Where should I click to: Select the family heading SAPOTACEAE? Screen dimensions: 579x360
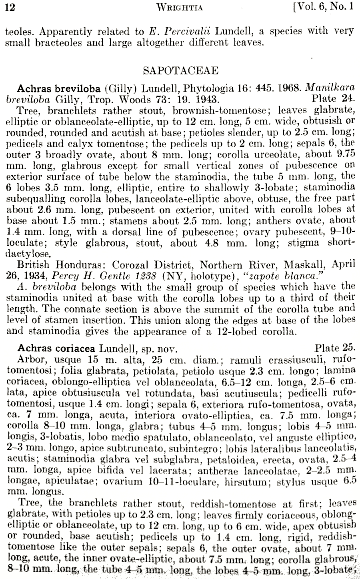pyautogui.click(x=180, y=71)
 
